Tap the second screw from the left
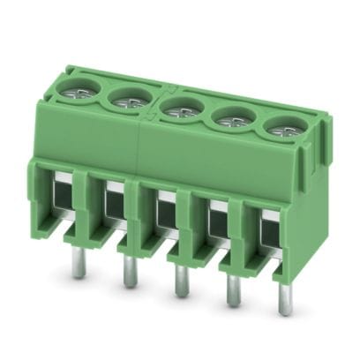[131, 100]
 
